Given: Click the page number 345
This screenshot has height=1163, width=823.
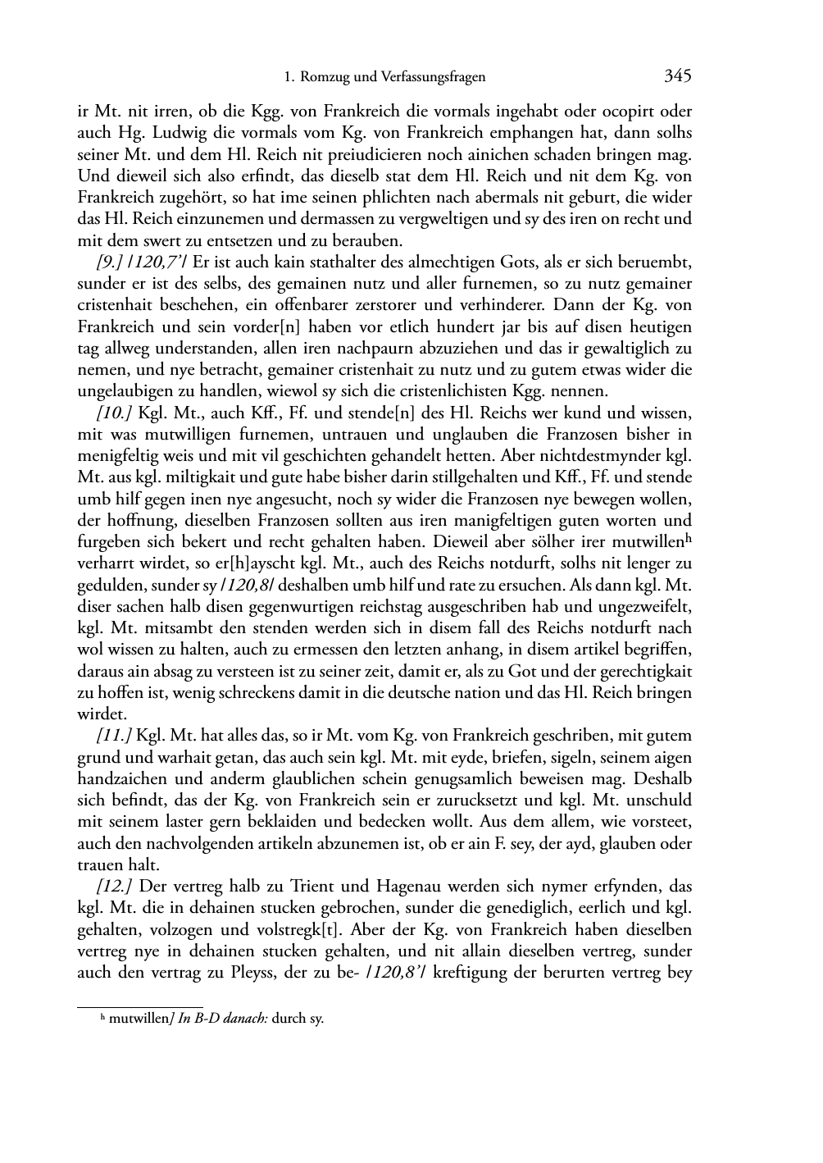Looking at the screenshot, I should tap(678, 76).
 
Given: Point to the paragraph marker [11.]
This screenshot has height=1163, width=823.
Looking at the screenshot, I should tap(114, 736).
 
